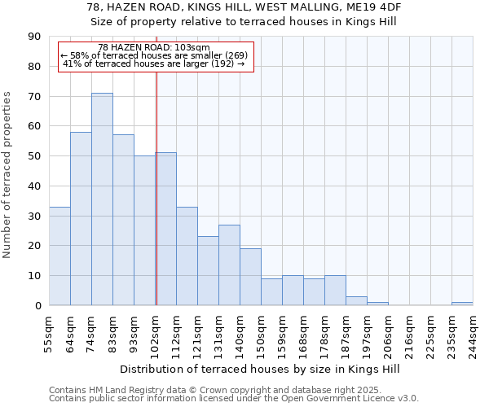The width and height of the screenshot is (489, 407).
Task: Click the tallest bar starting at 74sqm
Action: point(102,199)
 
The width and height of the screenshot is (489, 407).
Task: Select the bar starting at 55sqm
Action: point(59,256)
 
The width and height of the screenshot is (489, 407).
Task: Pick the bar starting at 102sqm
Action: point(165,229)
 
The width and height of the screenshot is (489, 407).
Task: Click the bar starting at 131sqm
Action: point(229,265)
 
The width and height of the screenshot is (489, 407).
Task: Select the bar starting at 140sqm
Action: point(250,277)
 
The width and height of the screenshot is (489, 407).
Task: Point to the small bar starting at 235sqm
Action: point(462,304)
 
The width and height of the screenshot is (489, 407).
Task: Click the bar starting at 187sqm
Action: point(356,301)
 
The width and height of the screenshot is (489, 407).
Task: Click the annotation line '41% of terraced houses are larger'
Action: point(153,63)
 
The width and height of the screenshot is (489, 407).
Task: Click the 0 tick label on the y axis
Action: point(37,306)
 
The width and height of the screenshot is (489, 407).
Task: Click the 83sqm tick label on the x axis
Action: point(113,330)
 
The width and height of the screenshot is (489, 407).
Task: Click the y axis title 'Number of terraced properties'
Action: point(8,175)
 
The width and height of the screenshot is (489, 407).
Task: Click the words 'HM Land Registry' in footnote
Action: point(123,391)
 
